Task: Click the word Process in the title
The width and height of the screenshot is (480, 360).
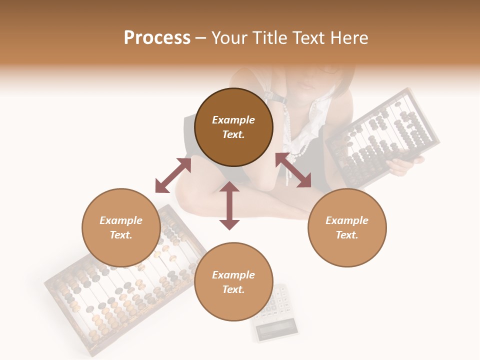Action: pyautogui.click(x=157, y=38)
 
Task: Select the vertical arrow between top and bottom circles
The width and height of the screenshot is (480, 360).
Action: pyautogui.click(x=229, y=205)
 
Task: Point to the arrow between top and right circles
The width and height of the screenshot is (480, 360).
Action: pyautogui.click(x=293, y=170)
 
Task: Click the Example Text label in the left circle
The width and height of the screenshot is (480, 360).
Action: pyautogui.click(x=121, y=227)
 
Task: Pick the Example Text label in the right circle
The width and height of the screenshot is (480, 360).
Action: pyautogui.click(x=347, y=227)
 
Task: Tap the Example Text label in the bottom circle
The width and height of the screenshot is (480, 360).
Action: pyautogui.click(x=233, y=282)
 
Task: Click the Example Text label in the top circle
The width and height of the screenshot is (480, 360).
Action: pyautogui.click(x=233, y=127)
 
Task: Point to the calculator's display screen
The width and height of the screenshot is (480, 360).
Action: pyautogui.click(x=276, y=329)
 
